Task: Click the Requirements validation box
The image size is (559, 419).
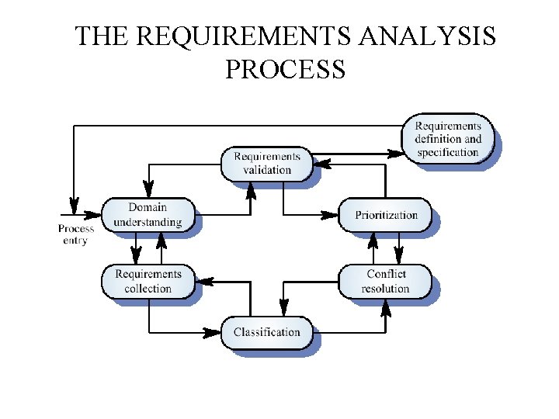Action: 266,164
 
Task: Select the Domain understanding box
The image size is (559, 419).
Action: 148,215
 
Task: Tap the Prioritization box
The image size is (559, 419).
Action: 386,215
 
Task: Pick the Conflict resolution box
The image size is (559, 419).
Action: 385,281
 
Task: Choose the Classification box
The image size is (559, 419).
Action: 266,333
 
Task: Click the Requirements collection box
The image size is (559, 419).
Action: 148,281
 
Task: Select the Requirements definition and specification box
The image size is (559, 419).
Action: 448,140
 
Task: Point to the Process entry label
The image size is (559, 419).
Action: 76,234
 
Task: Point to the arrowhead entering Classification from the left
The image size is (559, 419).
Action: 214,333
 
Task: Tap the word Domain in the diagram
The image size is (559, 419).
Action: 148,208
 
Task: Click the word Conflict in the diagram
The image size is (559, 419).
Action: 386,274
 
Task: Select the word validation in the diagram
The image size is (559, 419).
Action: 266,170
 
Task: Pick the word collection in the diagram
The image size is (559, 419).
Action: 148,289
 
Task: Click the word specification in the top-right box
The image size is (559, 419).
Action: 448,152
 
